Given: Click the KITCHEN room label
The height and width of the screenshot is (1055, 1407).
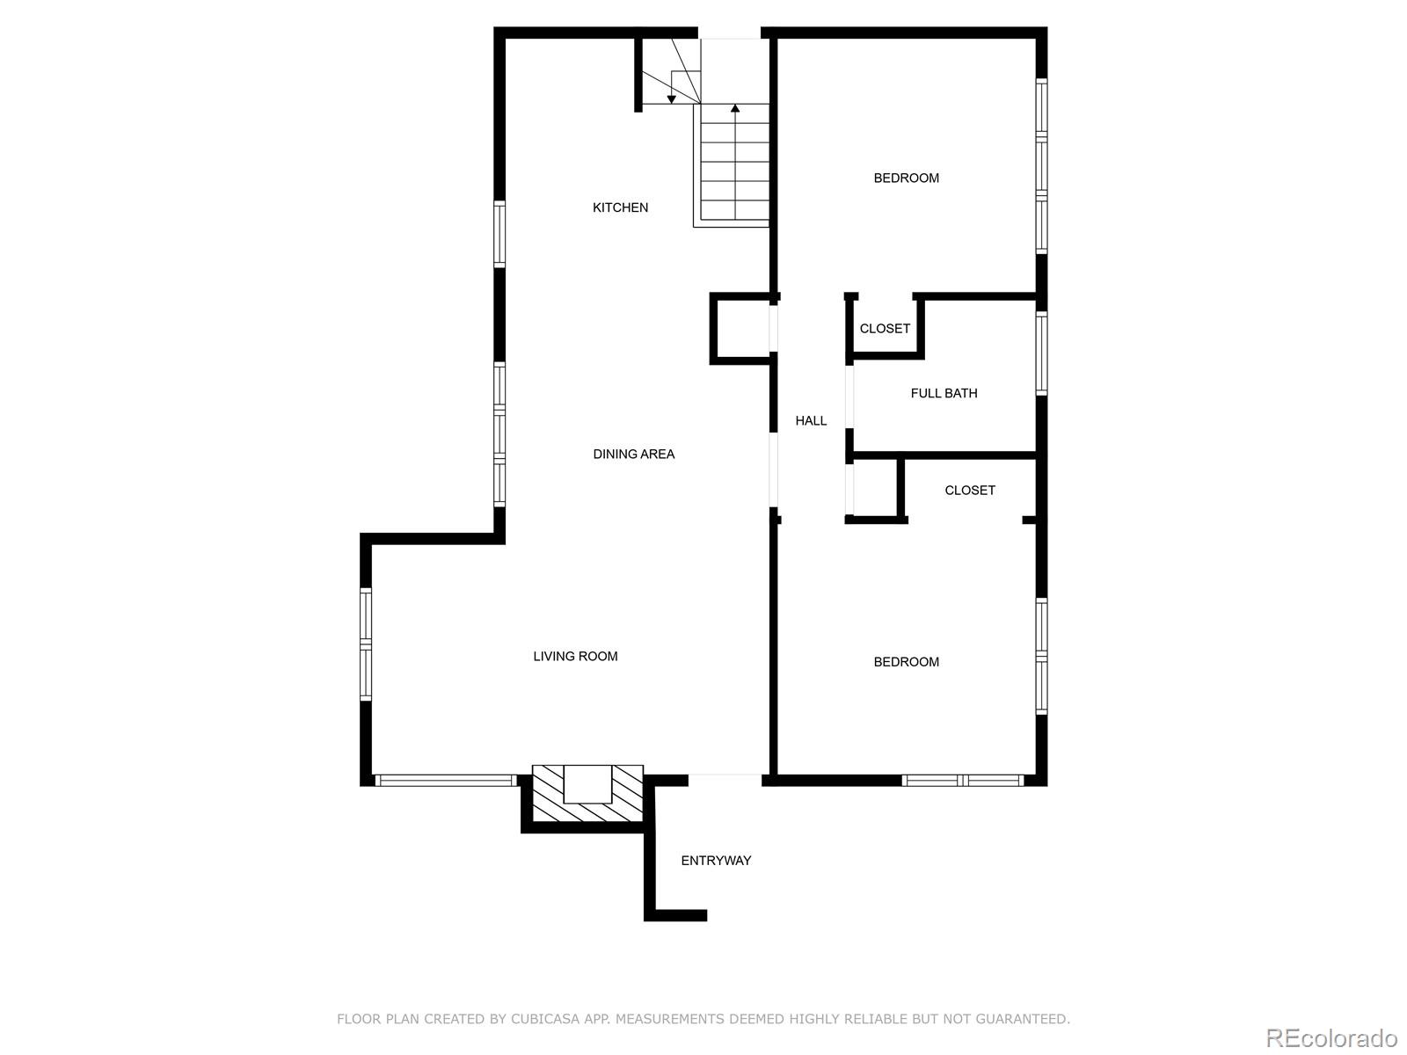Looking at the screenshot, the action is (x=620, y=207).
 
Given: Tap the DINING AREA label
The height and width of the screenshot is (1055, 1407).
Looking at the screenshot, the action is (x=633, y=455).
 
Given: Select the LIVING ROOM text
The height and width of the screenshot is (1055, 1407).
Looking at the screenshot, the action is (x=575, y=656).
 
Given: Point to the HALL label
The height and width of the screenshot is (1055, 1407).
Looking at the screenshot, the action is (x=811, y=421).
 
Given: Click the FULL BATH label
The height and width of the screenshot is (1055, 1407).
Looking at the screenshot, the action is (x=944, y=393).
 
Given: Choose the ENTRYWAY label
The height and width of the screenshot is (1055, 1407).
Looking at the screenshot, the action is (x=715, y=861).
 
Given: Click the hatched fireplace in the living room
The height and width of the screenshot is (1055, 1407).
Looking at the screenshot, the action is (x=587, y=794).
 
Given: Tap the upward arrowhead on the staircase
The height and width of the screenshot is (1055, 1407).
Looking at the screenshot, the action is (x=735, y=108).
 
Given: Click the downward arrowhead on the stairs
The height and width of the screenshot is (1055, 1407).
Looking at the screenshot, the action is (x=671, y=99).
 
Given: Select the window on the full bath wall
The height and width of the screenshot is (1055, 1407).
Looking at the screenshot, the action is (x=1042, y=353).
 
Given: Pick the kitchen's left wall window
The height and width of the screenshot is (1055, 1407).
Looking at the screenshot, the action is (x=499, y=234).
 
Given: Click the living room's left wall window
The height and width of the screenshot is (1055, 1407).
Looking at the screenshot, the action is (x=365, y=644).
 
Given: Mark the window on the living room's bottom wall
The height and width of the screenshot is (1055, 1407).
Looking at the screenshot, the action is (x=446, y=780).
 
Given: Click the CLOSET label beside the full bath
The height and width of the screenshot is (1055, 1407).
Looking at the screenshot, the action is (x=885, y=329).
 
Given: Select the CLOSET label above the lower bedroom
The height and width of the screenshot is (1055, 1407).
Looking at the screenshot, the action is (x=970, y=490).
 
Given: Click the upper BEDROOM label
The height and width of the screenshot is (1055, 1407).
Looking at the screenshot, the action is (x=907, y=178).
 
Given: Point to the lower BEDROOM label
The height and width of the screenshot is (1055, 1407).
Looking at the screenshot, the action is (x=907, y=662).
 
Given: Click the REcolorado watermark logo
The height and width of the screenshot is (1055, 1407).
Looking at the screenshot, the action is (x=1331, y=1037).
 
